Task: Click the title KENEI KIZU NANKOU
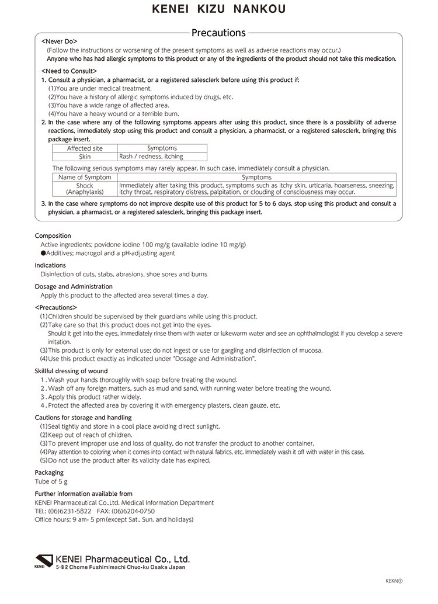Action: [219, 10]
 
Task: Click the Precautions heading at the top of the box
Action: [218, 33]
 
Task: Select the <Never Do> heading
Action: [60, 42]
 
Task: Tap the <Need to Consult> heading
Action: [65, 71]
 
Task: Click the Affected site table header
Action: [85, 148]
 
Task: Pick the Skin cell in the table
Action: [85, 157]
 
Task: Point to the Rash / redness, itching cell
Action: [151, 157]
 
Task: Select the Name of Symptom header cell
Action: [85, 177]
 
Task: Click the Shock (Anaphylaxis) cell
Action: [85, 189]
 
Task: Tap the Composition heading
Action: [53, 236]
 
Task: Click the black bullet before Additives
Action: [43, 254]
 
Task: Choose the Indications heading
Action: [50, 265]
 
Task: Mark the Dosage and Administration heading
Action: [74, 286]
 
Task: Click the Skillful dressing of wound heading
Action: [71, 371]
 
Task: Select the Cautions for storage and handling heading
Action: [83, 418]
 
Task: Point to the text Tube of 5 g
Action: [51, 481]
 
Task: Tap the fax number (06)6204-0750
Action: [134, 511]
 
